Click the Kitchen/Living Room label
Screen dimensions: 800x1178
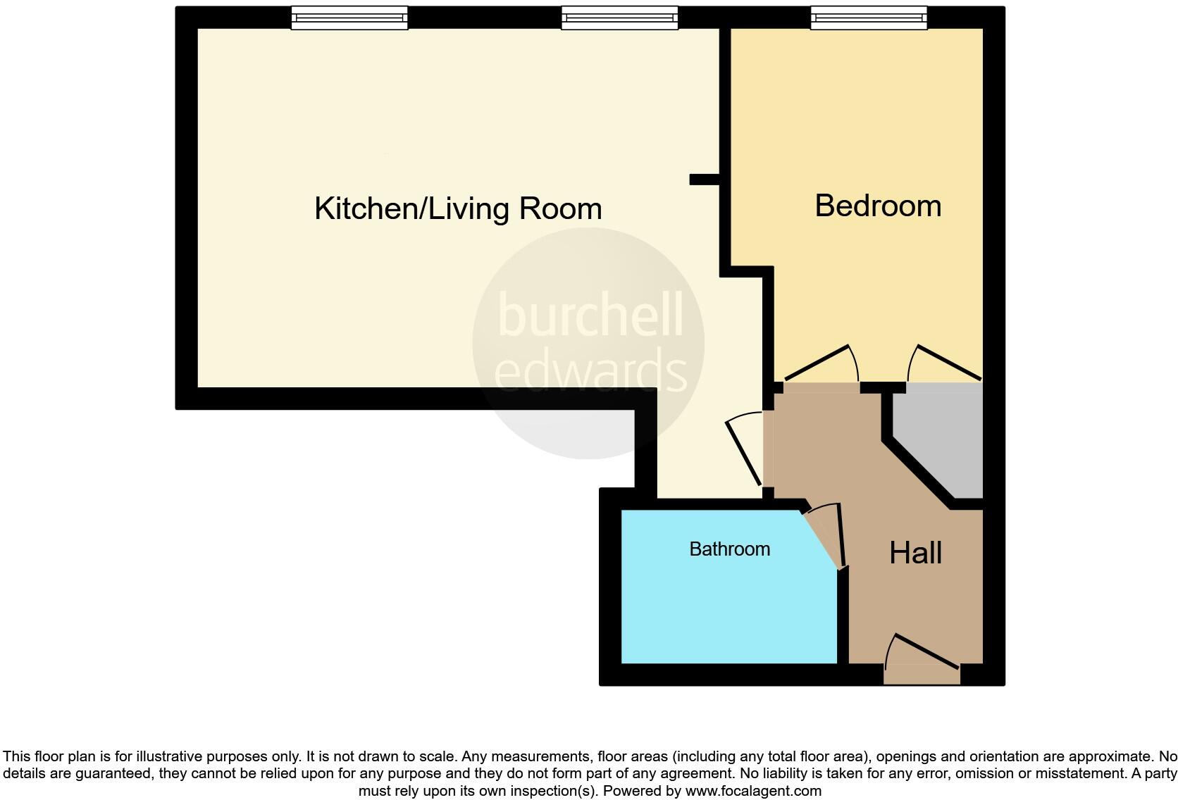pos(458,209)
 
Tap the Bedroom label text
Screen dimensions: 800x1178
pos(878,206)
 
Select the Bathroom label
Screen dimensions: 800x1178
pos(729,549)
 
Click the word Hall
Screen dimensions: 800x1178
pos(915,554)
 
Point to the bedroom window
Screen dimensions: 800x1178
pos(868,18)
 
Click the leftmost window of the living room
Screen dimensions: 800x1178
pos(349,18)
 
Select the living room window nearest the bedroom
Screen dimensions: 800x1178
pos(619,18)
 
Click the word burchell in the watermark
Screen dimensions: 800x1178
pos(590,315)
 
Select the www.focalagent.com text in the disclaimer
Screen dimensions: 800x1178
pos(753,791)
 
